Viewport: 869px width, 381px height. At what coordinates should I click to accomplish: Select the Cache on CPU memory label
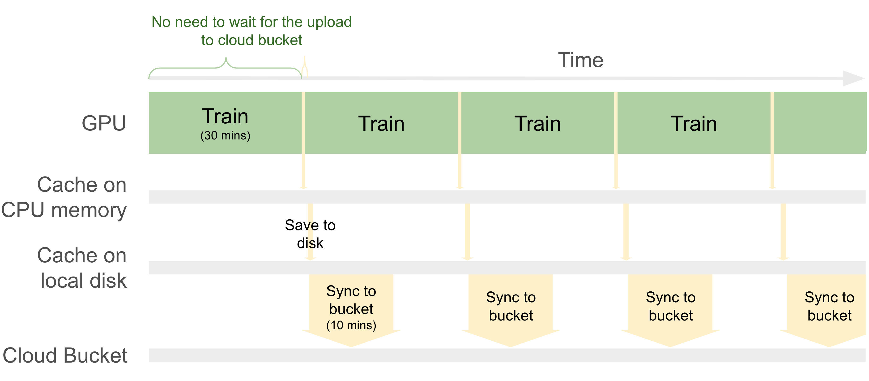pos(64,197)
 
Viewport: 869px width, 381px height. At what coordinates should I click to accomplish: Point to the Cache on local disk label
pos(82,268)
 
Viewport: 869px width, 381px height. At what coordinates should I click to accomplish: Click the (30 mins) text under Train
pos(225,135)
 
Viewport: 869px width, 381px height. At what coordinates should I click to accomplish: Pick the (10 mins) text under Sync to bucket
pos(351,325)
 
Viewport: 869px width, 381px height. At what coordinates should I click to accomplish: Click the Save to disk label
pos(310,234)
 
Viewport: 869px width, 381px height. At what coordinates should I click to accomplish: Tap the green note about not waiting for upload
pos(252,31)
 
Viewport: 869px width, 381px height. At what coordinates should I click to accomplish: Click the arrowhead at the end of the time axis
pos(853,78)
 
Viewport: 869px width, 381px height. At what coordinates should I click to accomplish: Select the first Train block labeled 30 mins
pos(225,123)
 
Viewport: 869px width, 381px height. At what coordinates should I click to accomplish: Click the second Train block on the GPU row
pos(382,123)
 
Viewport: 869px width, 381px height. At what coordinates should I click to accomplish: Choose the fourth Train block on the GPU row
pos(694,123)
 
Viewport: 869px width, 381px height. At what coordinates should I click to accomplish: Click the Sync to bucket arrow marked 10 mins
pos(351,310)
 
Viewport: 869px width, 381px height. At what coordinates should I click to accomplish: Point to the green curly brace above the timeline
pos(225,68)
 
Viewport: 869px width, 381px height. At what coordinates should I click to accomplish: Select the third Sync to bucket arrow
pos(670,310)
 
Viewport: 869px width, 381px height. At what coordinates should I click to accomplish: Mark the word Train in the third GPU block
pos(538,123)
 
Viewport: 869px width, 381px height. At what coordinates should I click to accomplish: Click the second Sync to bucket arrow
pos(511,310)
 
